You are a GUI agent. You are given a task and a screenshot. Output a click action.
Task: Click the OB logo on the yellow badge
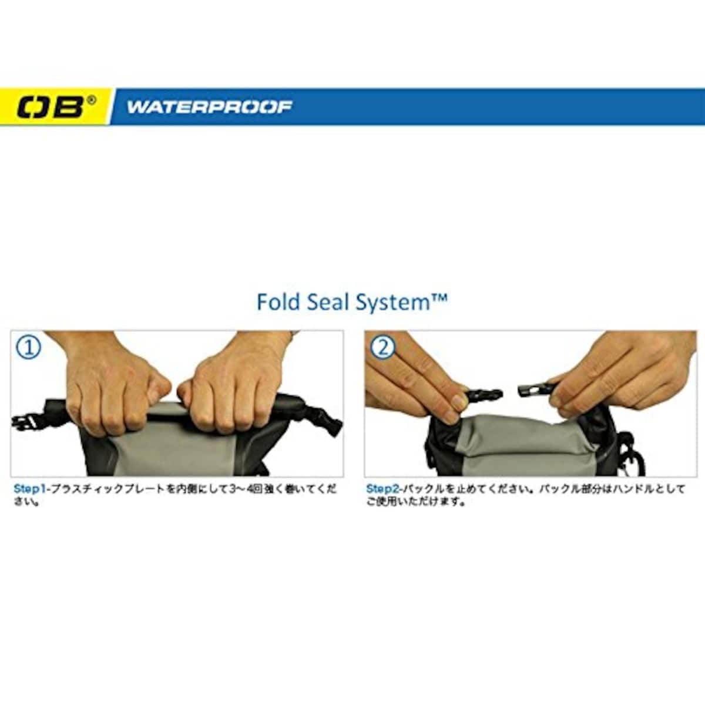[50, 107]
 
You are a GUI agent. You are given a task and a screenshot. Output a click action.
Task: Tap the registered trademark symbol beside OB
[92, 99]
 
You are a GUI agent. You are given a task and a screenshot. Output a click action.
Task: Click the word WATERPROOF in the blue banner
[209, 107]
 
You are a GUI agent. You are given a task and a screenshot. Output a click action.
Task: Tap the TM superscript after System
[439, 298]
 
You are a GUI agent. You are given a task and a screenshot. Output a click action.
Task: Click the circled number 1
[30, 348]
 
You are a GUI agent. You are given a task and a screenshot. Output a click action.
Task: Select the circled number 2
[382, 348]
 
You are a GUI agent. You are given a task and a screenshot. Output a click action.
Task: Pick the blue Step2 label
[384, 489]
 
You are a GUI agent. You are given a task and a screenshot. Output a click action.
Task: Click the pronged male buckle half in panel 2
[484, 396]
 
